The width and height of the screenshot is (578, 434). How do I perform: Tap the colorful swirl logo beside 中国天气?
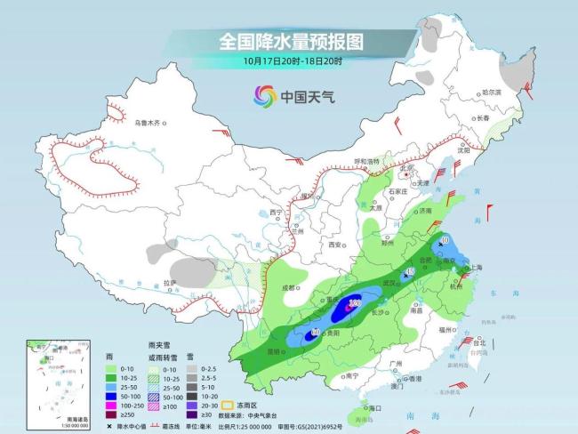tap(264, 94)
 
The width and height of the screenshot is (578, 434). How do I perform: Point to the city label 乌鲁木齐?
tap(150, 123)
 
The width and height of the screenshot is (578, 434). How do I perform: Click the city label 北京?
tap(408, 166)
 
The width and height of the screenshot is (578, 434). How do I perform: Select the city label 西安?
tap(334, 244)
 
